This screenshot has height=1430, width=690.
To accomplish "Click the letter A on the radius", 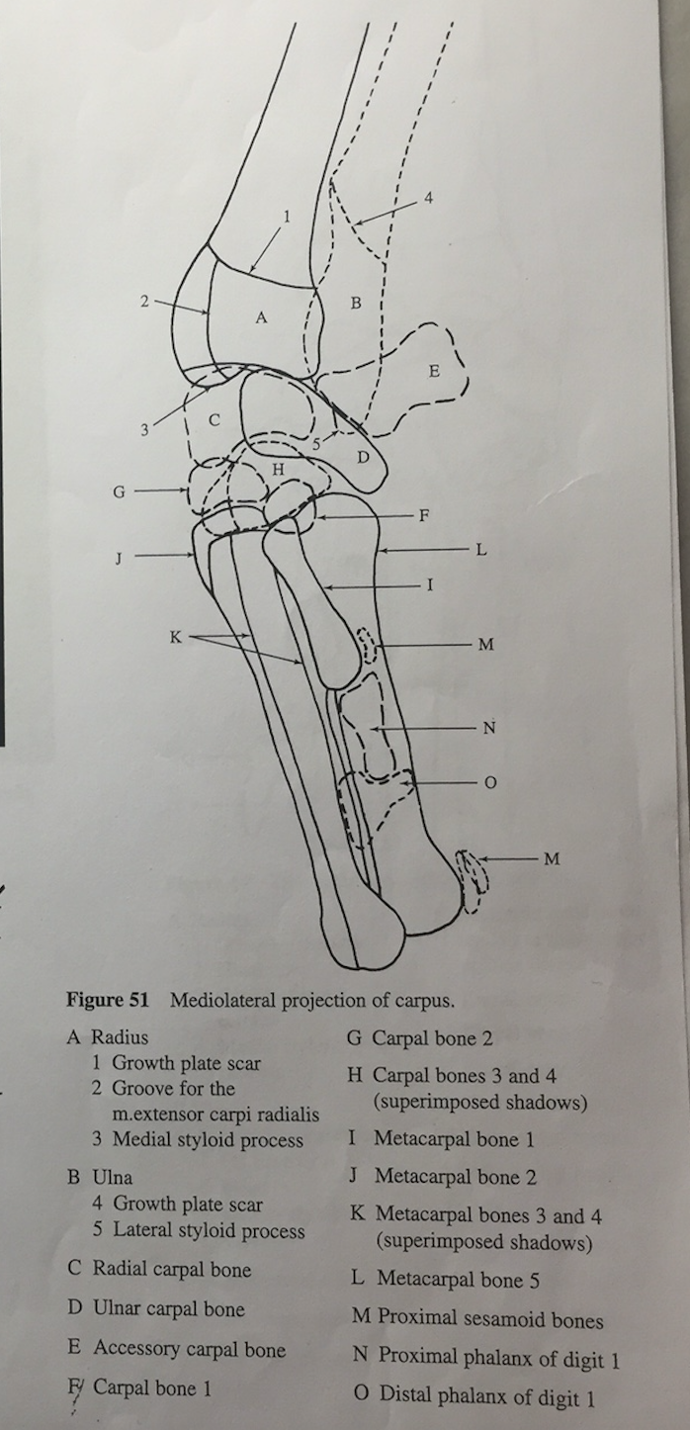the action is click(x=261, y=317).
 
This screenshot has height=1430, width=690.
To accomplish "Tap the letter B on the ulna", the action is click(x=356, y=300).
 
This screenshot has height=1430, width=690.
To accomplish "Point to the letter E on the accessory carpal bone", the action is click(x=433, y=372).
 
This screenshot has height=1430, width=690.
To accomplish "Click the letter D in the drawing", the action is click(x=363, y=457).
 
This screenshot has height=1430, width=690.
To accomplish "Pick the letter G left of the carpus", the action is click(x=120, y=490).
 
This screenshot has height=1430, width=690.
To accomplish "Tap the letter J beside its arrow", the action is click(x=120, y=557).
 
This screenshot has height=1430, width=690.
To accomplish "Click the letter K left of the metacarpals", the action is click(x=175, y=638).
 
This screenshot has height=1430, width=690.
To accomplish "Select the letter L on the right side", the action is click(x=480, y=550).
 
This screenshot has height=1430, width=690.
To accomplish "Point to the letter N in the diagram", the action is click(x=488, y=729).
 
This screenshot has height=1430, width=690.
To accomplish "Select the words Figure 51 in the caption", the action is click(x=107, y=999).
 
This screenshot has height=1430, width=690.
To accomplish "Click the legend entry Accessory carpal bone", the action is click(x=189, y=1349).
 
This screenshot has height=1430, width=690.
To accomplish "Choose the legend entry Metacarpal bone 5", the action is click(x=458, y=1280).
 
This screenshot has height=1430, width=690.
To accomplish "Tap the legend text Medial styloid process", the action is click(x=208, y=1139).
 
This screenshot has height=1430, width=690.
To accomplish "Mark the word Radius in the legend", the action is click(x=120, y=1037).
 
